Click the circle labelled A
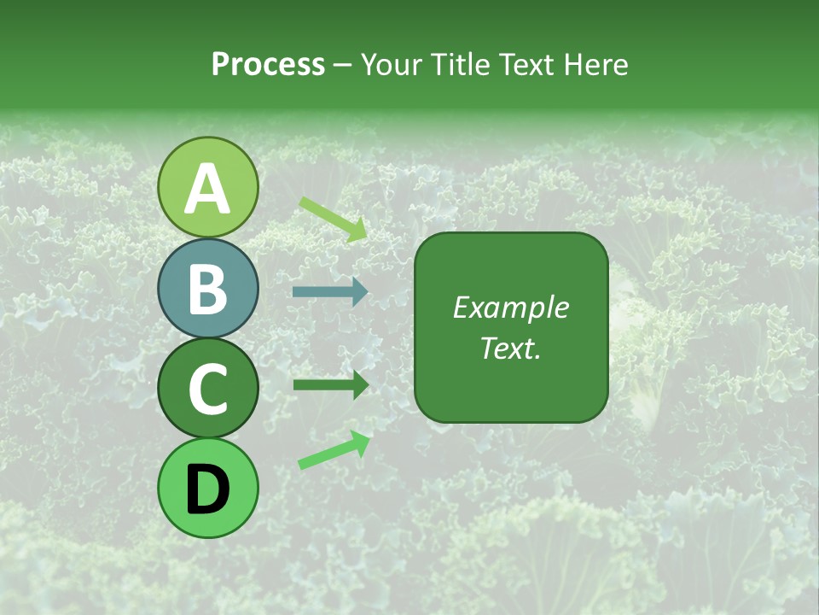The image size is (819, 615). pyautogui.click(x=207, y=187)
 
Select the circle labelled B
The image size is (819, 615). pyautogui.click(x=207, y=288)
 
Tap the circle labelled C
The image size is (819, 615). pyautogui.click(x=207, y=389)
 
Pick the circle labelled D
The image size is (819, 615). pyautogui.click(x=207, y=489)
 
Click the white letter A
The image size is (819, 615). pyautogui.click(x=207, y=189)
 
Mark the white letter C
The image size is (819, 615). pyautogui.click(x=207, y=389)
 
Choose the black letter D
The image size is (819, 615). pyautogui.click(x=207, y=490)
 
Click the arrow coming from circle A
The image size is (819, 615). pyautogui.click(x=333, y=219)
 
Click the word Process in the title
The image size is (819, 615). pyautogui.click(x=268, y=65)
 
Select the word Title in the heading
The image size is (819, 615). pyautogui.click(x=462, y=65)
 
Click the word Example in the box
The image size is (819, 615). pyautogui.click(x=510, y=308)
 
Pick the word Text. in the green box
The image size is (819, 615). pyautogui.click(x=510, y=348)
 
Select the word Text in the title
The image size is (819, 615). pyautogui.click(x=527, y=65)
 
